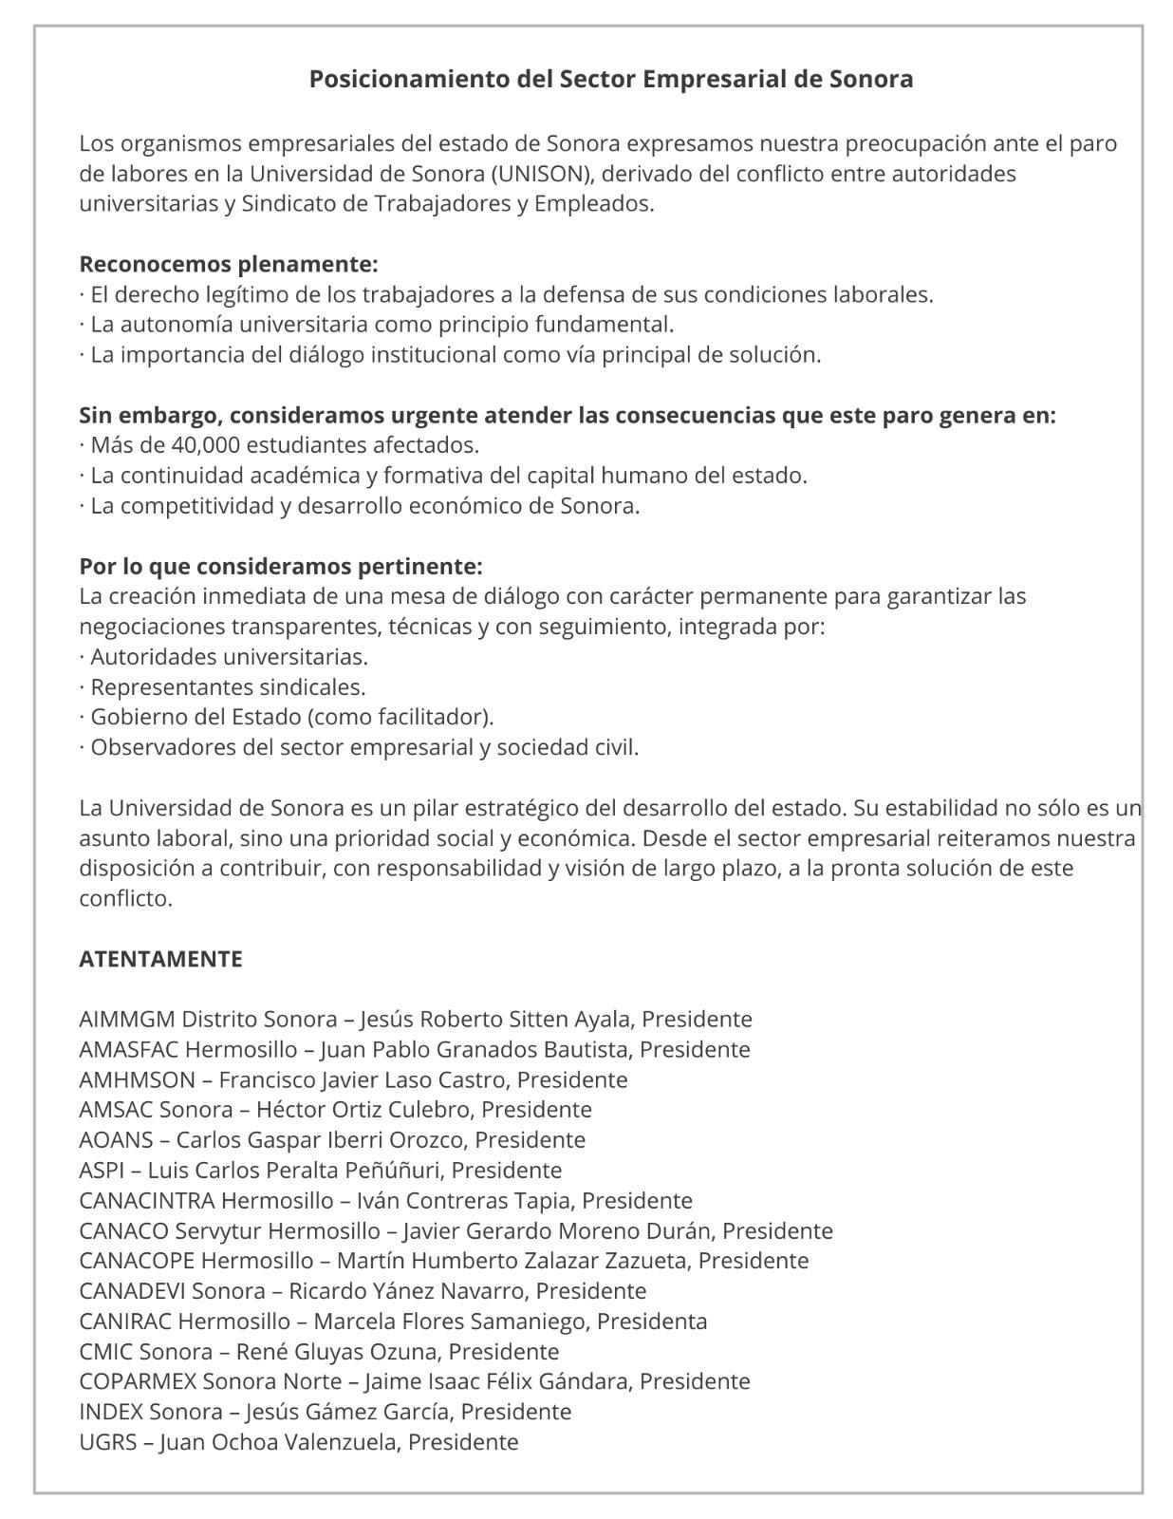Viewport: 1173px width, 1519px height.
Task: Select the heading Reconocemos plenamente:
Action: tap(228, 264)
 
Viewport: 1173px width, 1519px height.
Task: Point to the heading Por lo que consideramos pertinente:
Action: tap(281, 567)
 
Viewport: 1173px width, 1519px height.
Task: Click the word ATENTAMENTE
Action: tap(160, 959)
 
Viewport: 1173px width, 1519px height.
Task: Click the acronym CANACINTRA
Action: tap(147, 1201)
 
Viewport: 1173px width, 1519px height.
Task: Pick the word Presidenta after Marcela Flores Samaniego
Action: tap(652, 1322)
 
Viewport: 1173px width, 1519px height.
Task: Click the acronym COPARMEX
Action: tap(138, 1381)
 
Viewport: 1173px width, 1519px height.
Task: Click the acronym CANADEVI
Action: tap(132, 1291)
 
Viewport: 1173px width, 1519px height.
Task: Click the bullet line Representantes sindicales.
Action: tap(228, 687)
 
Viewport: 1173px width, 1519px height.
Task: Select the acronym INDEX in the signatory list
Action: tap(111, 1412)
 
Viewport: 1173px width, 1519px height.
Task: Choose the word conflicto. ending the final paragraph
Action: tap(125, 898)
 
